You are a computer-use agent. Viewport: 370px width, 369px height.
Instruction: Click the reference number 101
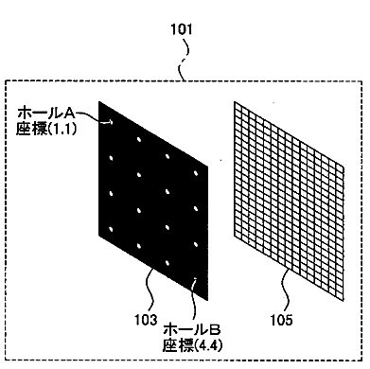pos(181,29)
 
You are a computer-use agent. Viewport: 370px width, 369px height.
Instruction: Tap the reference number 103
pos(146,320)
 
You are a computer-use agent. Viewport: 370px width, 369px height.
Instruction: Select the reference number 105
pos(282,320)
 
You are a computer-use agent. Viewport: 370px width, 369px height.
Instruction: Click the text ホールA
pos(46,114)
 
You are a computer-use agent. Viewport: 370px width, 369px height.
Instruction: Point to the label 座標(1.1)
pos(46,129)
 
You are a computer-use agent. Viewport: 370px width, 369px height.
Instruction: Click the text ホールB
pos(192,330)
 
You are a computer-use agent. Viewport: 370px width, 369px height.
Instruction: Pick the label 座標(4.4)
pos(192,345)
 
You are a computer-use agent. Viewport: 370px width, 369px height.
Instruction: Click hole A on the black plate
pos(111,122)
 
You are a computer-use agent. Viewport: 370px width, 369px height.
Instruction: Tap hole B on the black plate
pos(195,279)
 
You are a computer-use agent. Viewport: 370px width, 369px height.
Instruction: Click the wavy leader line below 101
pos(184,60)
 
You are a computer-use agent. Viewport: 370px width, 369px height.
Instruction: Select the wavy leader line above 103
pos(151,290)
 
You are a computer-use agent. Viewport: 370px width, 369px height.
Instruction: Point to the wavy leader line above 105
pos(286,290)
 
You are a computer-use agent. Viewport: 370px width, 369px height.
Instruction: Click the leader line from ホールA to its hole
pos(93,116)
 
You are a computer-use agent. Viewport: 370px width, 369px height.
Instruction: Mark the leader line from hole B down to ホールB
pos(194,301)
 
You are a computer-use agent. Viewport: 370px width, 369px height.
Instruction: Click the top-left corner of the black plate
pos(99,101)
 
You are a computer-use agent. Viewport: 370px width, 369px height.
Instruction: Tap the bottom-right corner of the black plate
pos(207,301)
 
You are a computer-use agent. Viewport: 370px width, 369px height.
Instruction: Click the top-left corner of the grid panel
pos(235,102)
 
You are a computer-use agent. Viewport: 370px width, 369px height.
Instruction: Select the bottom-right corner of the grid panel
pos(344,301)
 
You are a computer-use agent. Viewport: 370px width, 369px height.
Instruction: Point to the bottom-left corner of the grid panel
pos(235,236)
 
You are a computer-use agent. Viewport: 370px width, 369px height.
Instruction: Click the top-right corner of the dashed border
pos(361,81)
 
